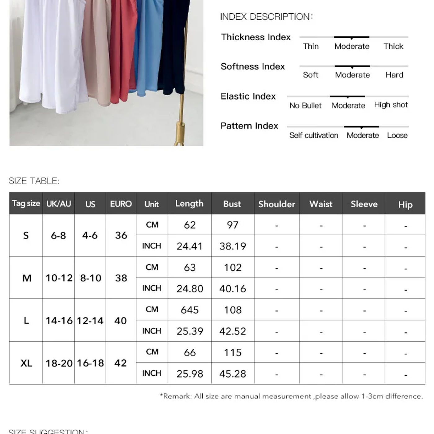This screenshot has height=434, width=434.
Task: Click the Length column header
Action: tap(189, 203)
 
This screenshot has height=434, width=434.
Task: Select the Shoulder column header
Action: tap(277, 204)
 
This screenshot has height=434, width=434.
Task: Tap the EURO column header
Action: tap(121, 204)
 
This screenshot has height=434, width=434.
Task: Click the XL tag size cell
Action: tap(26, 363)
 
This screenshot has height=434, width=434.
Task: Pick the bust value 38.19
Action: tap(232, 246)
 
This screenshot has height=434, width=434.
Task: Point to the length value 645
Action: tap(189, 310)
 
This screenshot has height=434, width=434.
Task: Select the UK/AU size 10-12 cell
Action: tap(59, 278)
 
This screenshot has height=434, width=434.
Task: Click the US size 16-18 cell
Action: tap(90, 363)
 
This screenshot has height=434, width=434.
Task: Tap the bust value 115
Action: tap(232, 352)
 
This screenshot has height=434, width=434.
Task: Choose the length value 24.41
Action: tap(189, 246)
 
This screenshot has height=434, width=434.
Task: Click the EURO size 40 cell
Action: tap(121, 321)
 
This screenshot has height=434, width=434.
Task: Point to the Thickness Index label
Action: tap(256, 37)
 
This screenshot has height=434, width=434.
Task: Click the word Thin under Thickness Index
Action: tap(311, 46)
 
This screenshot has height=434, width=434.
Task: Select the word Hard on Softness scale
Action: tap(394, 75)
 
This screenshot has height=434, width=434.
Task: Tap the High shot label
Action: tap(391, 105)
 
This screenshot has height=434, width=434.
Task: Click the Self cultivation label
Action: tap(314, 135)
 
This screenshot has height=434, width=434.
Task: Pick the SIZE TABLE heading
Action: tap(34, 181)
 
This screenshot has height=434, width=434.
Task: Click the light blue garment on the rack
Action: tap(148, 50)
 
